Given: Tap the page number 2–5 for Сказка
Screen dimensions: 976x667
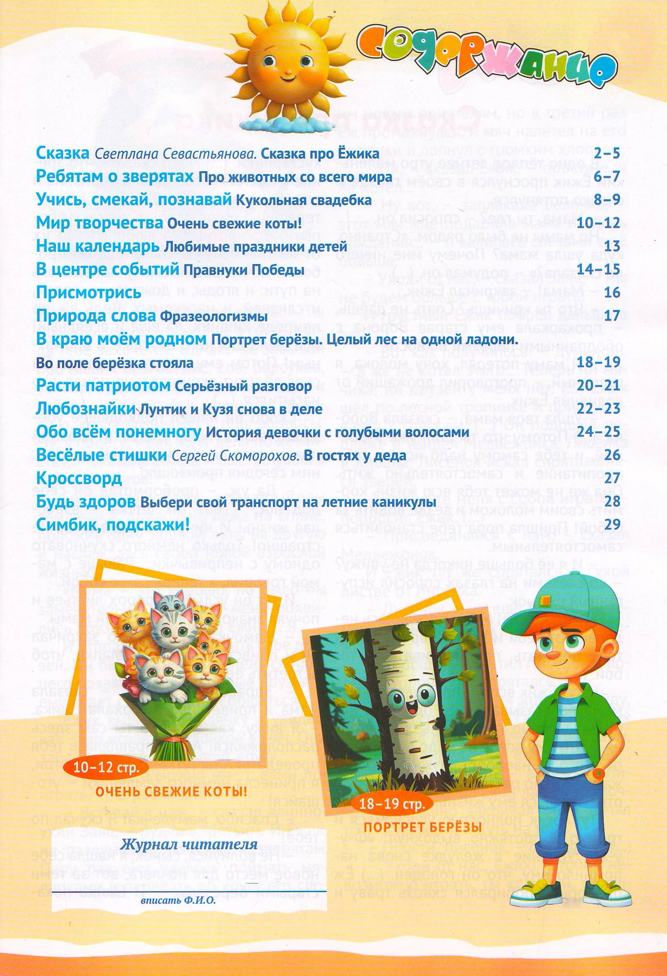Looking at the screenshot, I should tap(607, 154).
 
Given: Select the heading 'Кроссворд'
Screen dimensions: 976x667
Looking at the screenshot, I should tap(79, 478).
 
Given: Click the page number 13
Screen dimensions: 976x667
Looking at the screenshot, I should tap(612, 246).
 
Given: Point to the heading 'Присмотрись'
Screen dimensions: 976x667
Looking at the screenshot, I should tap(88, 292).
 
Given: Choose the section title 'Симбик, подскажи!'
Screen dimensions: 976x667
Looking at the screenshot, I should tap(113, 524).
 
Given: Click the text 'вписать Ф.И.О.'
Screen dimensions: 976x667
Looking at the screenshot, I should tap(178, 901).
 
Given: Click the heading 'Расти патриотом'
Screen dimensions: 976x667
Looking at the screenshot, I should tap(103, 386).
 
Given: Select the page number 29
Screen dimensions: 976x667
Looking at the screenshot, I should tap(612, 524).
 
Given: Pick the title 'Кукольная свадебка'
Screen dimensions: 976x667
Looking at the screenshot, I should tap(304, 201).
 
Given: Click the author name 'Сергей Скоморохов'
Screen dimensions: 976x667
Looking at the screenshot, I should tap(236, 455).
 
